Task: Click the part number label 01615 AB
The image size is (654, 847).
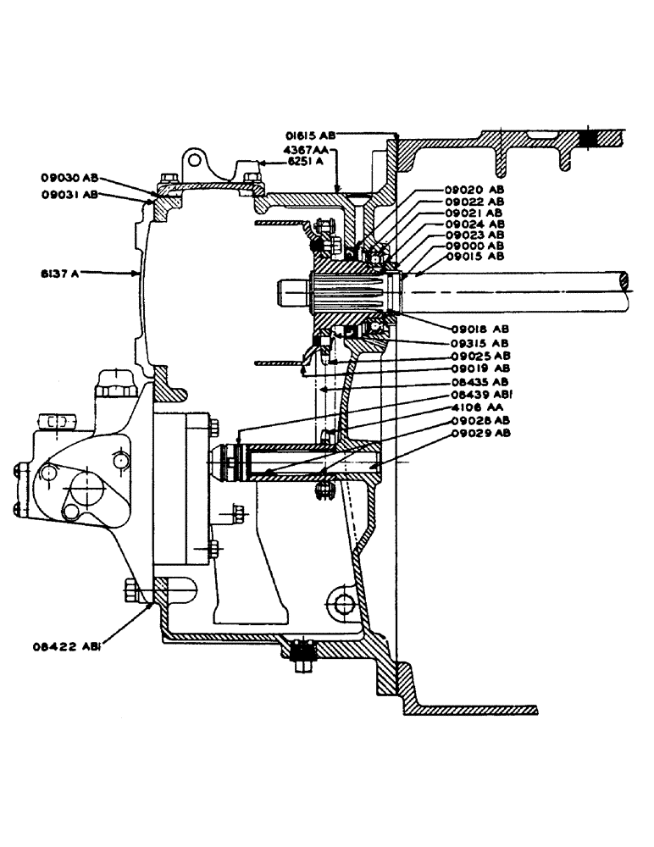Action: (x=311, y=133)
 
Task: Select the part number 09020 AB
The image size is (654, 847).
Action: (x=474, y=190)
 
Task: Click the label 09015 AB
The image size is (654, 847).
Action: (x=474, y=256)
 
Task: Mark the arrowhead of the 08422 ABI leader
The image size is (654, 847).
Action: (x=150, y=603)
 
